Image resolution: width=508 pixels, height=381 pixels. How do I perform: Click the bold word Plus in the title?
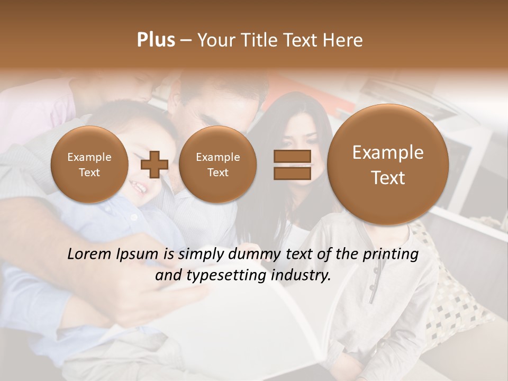pos(156,40)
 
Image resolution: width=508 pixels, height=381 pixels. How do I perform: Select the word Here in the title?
pos(343,40)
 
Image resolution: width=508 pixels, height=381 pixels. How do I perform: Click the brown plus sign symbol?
pos(154,165)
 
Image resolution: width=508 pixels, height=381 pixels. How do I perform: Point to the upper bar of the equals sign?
pos(292,156)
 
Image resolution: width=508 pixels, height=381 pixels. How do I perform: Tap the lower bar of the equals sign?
pos(292,174)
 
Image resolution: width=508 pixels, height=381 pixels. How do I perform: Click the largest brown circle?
pos(388,165)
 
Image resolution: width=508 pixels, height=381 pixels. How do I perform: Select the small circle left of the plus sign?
pos(89,165)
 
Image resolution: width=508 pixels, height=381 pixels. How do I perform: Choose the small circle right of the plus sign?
pos(217,165)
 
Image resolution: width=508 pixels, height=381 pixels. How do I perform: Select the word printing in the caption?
pos(390,255)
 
